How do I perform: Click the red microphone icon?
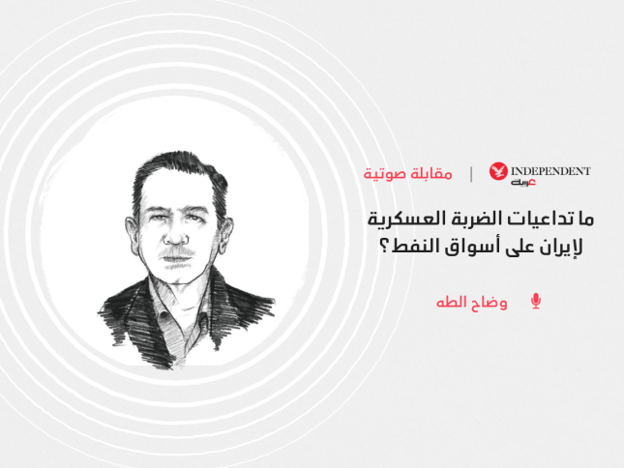pyautogui.click(x=536, y=301)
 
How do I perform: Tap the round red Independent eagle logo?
pyautogui.click(x=498, y=171)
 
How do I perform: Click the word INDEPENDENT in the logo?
pyautogui.click(x=550, y=171)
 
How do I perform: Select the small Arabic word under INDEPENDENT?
pyautogui.click(x=523, y=183)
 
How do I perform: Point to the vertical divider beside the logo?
pyautogui.click(x=471, y=174)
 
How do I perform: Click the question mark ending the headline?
pyautogui.click(x=385, y=248)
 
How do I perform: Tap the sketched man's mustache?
pyautogui.click(x=177, y=253)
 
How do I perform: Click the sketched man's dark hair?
pyautogui.click(x=179, y=171)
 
